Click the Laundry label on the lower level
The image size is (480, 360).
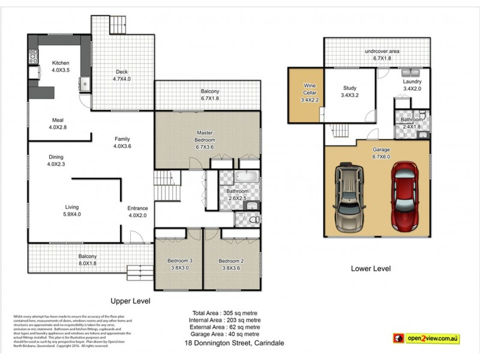point(412,82)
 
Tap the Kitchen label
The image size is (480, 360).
point(61,63)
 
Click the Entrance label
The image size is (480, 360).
point(137,208)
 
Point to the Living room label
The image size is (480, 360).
point(72,207)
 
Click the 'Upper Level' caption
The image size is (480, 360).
point(130,301)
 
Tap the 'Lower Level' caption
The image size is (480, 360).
point(370,269)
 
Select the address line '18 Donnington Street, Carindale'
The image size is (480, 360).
point(233,343)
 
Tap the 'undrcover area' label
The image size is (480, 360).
point(382,51)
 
